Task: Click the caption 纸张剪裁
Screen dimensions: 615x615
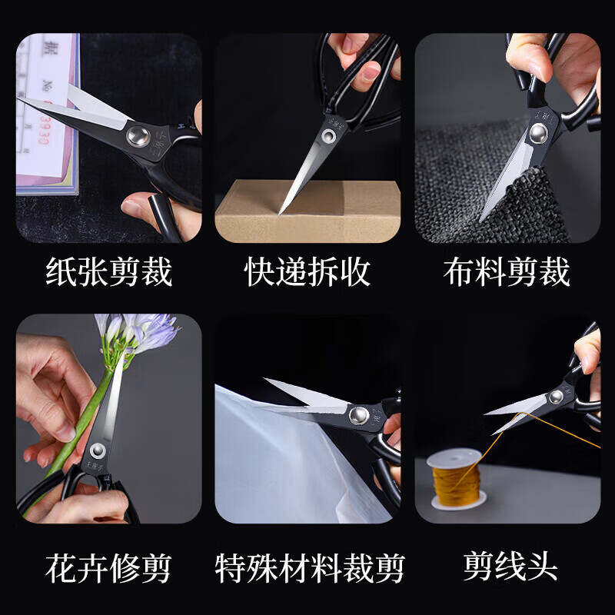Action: pyautogui.click(x=108, y=273)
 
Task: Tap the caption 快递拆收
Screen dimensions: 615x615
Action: pyautogui.click(x=307, y=273)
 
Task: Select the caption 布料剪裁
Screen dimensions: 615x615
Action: pyautogui.click(x=507, y=273)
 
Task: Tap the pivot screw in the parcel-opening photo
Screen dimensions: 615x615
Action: pyautogui.click(x=329, y=137)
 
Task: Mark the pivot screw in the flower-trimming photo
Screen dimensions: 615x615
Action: pyautogui.click(x=97, y=451)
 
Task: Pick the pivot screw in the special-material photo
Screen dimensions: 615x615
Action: pyautogui.click(x=357, y=415)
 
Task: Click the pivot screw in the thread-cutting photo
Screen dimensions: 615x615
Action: pyautogui.click(x=556, y=397)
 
